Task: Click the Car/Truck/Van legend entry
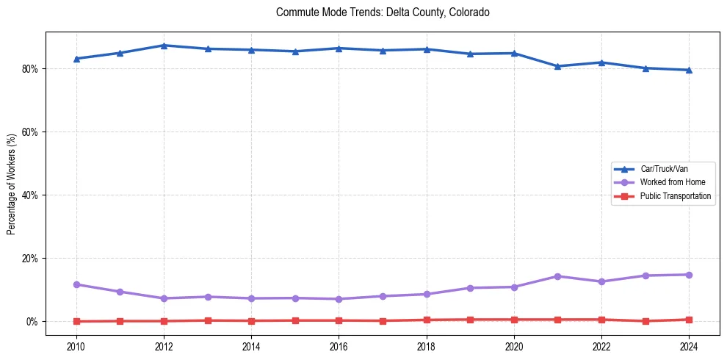(664, 169)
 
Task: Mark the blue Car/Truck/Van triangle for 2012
(164, 46)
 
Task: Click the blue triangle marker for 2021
(557, 66)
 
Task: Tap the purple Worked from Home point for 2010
(76, 284)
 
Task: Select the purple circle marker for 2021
(557, 276)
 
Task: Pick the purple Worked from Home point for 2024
(689, 275)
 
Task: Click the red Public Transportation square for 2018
(427, 320)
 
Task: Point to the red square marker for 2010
(76, 321)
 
